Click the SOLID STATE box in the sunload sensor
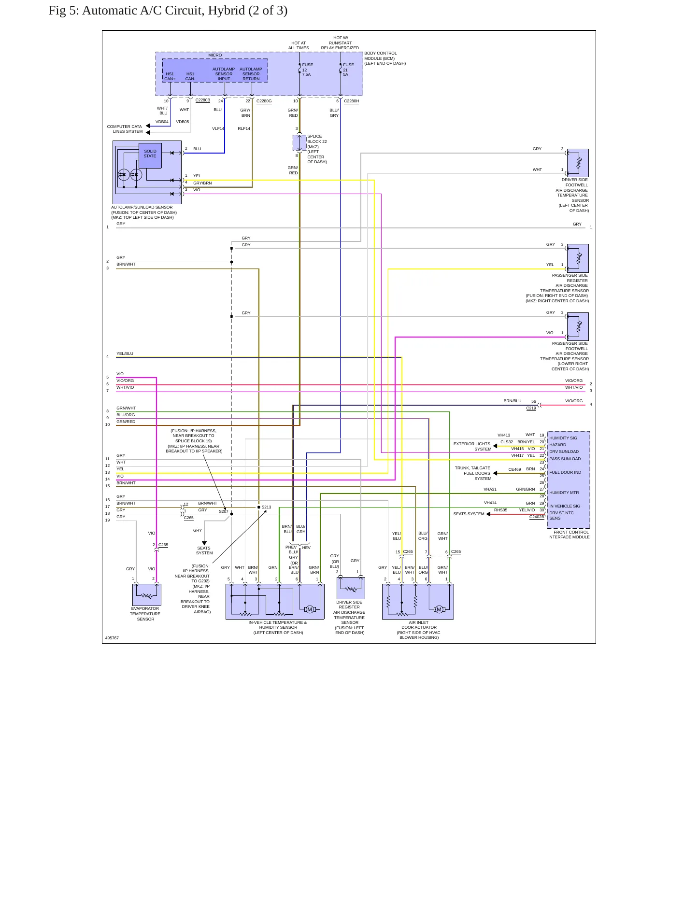tap(150, 155)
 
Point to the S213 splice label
tap(266, 507)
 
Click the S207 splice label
tap(224, 511)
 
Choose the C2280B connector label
tap(203, 100)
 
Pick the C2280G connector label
tap(264, 101)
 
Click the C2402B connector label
tap(537, 517)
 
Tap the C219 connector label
tap(531, 409)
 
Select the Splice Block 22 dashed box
tap(299, 142)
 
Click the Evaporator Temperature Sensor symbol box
tap(146, 594)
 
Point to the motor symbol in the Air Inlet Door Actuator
tap(439, 609)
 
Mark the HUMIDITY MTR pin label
tap(564, 493)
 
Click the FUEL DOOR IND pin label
tap(565, 473)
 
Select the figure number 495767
tap(112, 638)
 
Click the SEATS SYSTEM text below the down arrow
tap(204, 550)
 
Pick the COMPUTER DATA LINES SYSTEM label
tap(125, 129)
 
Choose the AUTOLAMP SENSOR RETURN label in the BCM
tap(251, 74)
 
